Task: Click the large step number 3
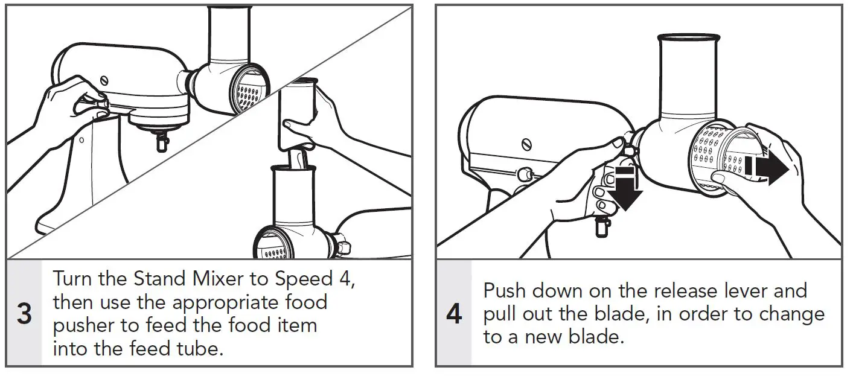coord(24,314)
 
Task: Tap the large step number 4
coord(453,314)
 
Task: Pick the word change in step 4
coord(790,314)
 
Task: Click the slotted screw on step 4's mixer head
coord(526,144)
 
